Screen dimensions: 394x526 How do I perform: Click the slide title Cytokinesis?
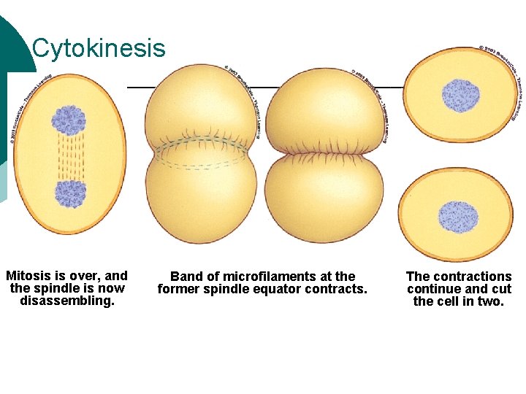(99, 49)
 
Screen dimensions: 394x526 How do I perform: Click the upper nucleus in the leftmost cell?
(69, 120)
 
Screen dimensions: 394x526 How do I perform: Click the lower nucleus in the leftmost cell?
(71, 193)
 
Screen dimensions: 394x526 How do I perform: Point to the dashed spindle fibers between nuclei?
(70, 157)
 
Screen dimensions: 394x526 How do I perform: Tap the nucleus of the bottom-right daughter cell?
(458, 217)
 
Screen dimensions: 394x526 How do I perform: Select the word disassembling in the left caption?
(67, 301)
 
